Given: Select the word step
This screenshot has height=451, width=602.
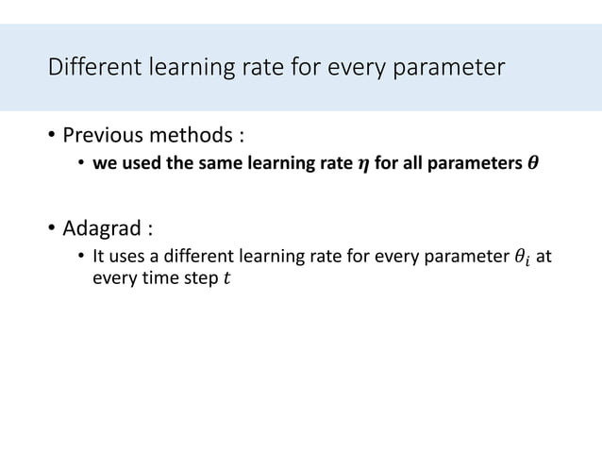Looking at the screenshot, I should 199,279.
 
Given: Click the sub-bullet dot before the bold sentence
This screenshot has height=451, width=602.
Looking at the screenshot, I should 82,165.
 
